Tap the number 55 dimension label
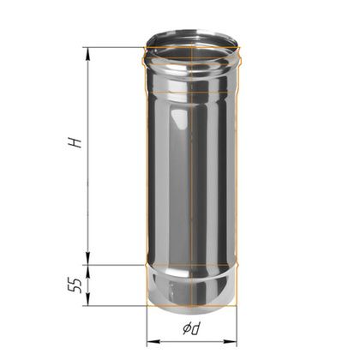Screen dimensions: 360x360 pyautogui.click(x=75, y=285)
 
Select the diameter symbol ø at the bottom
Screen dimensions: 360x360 pyautogui.click(x=186, y=329)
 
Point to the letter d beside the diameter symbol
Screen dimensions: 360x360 pyautogui.click(x=196, y=328)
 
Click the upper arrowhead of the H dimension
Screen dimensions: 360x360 pyautogui.click(x=87, y=54)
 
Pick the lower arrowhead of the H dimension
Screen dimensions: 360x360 pyautogui.click(x=87, y=258)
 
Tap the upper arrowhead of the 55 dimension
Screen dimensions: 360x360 pyautogui.click(x=87, y=272)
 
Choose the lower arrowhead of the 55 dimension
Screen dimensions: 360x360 pyautogui.click(x=87, y=299)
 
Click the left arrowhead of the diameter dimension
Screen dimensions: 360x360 pyautogui.click(x=153, y=341)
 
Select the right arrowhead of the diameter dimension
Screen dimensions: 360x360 pyautogui.click(x=231, y=341)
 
